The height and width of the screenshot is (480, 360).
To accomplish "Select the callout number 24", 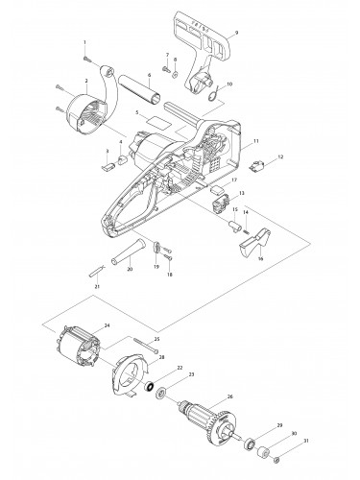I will pyautogui.click(x=108, y=325).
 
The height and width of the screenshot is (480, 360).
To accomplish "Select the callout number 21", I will pyautogui.click(x=96, y=286).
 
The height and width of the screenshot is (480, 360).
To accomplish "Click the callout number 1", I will pyautogui.click(x=84, y=43).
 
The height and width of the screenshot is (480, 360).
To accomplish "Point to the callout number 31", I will pyautogui.click(x=307, y=468).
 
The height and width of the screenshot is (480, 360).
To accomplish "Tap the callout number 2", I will pyautogui.click(x=85, y=82).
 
